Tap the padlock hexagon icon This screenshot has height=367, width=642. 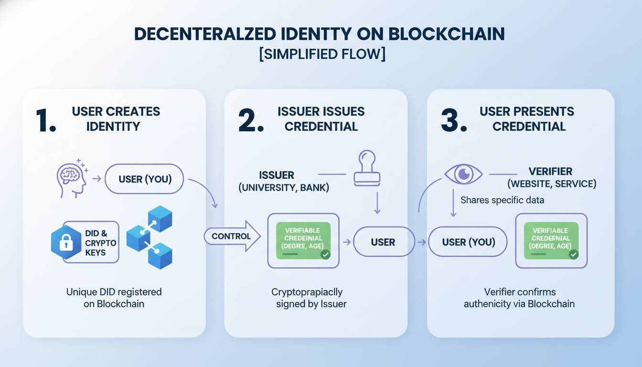coord(65,242)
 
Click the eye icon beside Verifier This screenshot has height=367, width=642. coord(463,174)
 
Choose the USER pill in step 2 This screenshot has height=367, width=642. coord(383,242)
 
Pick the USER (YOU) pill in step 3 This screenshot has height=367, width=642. coord(468,242)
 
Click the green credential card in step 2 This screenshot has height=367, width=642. coord(303,240)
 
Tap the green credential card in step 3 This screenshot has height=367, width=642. coord(551,240)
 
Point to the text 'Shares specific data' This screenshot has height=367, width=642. coord(502,200)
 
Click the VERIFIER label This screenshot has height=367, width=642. coord(550,171)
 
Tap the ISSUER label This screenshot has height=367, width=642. coord(277,175)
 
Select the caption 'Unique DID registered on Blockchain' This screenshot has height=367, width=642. coord(114,297)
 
